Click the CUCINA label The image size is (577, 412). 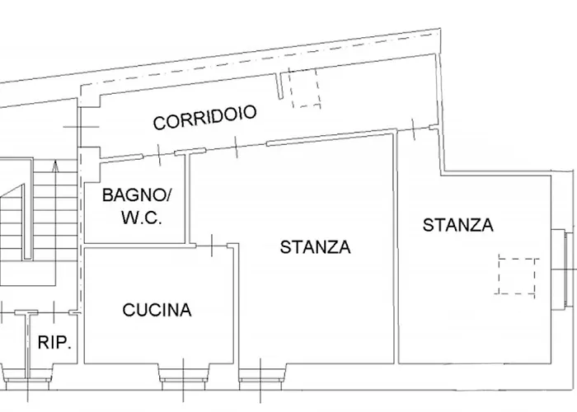157,311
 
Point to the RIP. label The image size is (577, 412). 55,344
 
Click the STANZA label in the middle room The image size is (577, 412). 315,247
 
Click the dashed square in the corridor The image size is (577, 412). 307,89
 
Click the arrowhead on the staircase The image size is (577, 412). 54,166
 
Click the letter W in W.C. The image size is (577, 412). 127,219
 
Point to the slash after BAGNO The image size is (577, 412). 171,196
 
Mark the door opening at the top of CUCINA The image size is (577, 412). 212,245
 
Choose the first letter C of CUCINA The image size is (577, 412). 129,311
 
